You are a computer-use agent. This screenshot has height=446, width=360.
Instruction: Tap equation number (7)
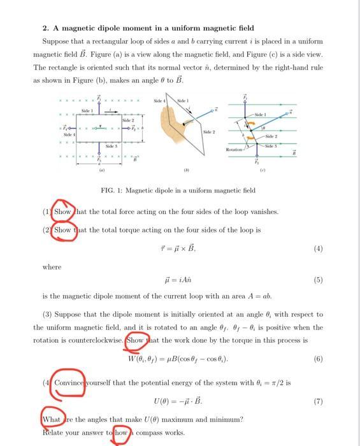[318, 402]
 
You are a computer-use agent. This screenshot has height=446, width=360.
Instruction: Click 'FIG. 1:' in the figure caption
[112, 190]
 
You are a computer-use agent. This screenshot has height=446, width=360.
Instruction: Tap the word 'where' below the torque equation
[52, 267]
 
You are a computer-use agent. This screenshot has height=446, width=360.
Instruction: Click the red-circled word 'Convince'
[68, 384]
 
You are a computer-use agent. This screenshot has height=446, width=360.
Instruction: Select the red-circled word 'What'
[51, 419]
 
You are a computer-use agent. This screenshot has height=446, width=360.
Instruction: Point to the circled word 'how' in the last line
[121, 433]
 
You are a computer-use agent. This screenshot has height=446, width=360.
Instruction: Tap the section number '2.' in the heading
[46, 28]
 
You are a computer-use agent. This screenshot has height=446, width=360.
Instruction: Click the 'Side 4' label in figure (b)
[160, 101]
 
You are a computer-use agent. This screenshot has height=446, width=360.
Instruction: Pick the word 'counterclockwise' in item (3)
[96, 340]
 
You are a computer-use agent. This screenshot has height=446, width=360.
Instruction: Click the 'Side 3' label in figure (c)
[270, 147]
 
